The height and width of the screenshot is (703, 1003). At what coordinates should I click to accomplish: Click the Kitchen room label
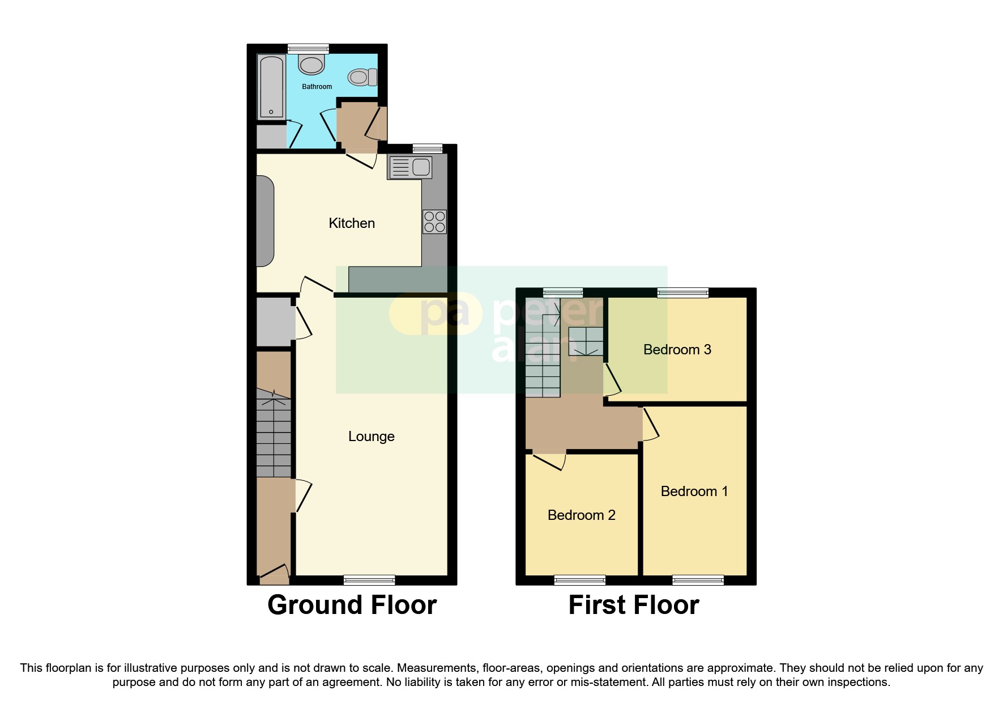(352, 223)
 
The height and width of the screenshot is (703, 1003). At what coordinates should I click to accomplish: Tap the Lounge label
(371, 437)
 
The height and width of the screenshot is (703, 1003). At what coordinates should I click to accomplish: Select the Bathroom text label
(317, 87)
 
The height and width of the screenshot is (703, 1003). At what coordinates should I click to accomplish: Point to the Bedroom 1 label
(694, 492)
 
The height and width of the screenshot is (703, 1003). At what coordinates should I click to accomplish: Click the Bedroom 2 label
(581, 515)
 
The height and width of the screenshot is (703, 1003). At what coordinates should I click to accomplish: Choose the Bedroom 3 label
(677, 350)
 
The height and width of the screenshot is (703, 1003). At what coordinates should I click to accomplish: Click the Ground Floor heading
(352, 605)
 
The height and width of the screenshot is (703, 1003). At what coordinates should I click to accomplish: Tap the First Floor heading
(633, 605)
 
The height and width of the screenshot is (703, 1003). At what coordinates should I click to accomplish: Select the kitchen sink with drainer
(409, 167)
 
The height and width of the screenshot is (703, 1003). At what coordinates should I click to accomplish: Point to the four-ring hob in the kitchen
(434, 222)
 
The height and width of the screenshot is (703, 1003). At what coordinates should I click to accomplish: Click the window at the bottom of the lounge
(369, 580)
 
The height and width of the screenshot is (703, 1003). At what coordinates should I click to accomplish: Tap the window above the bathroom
(308, 49)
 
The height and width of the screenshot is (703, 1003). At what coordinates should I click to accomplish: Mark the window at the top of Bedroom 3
(682, 293)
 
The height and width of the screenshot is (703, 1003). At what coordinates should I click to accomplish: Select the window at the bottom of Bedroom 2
(579, 580)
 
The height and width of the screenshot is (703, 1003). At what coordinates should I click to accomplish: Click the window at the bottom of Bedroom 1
(698, 580)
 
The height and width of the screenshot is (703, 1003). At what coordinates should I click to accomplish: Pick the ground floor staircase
(274, 434)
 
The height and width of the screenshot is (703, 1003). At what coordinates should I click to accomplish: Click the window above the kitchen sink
(427, 149)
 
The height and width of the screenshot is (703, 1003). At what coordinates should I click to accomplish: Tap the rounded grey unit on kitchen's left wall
(265, 221)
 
